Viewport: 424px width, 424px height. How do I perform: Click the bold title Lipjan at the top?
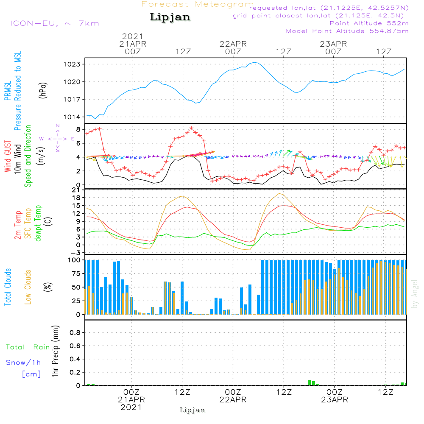pyautogui.click(x=170, y=17)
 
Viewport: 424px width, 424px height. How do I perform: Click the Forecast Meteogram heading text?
pyautogui.click(x=198, y=5)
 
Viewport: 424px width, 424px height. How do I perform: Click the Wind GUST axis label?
pyautogui.click(x=8, y=157)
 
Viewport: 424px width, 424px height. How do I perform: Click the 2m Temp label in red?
pyautogui.click(x=18, y=224)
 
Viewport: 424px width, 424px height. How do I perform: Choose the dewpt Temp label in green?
pyautogui.click(x=39, y=224)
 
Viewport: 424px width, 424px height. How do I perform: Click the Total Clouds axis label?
pyautogui.click(x=8, y=287)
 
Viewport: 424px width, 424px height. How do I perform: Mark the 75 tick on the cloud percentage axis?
pyautogui.click(x=76, y=273)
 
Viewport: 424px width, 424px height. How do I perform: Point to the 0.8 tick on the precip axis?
pyautogui.click(x=75, y=332)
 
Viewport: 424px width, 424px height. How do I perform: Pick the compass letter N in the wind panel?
pyautogui.click(x=58, y=126)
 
